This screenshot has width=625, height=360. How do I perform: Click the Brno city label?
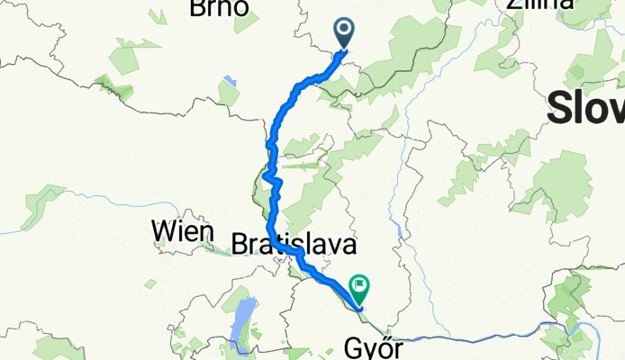pos(221,8)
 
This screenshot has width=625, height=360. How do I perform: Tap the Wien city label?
pos(185,232)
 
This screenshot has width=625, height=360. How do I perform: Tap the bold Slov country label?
pos(586,109)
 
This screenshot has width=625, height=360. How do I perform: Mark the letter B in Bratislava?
pos(240,244)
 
